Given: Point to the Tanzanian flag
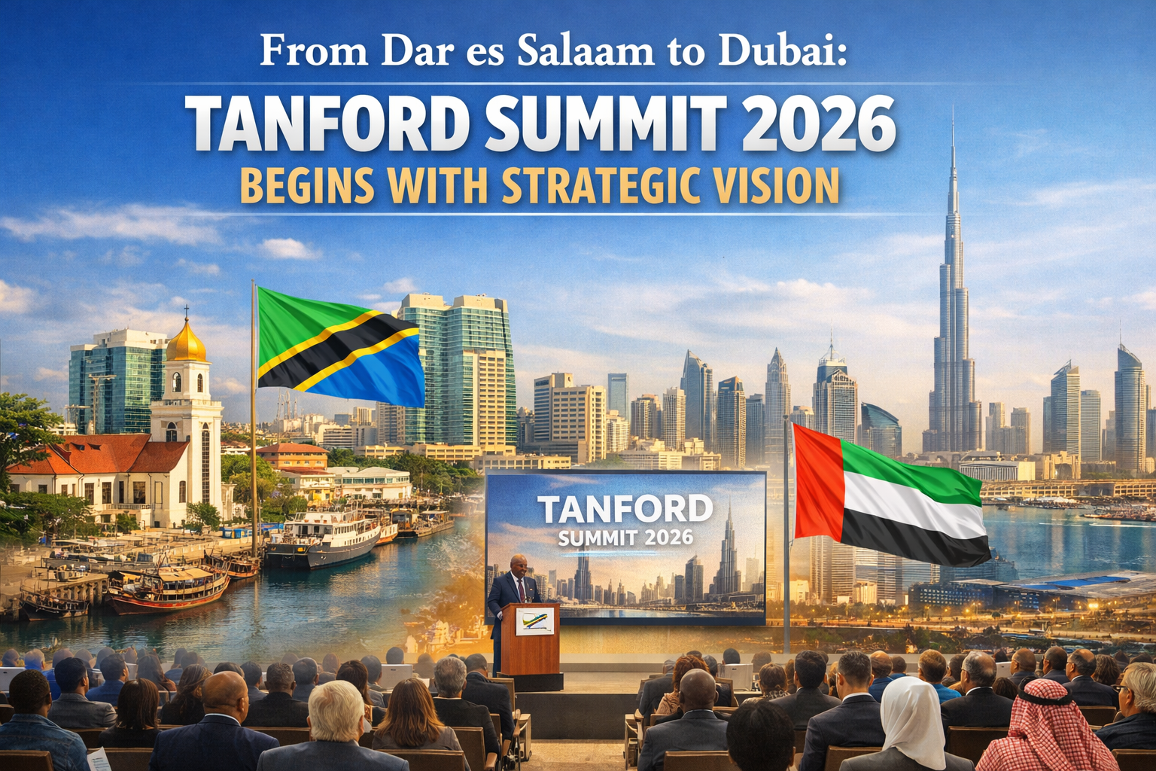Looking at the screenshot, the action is click(339, 346).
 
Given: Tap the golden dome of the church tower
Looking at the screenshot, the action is click(186, 342).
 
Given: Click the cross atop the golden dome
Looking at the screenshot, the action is click(187, 312).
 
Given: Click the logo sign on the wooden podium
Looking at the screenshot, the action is click(534, 620).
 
